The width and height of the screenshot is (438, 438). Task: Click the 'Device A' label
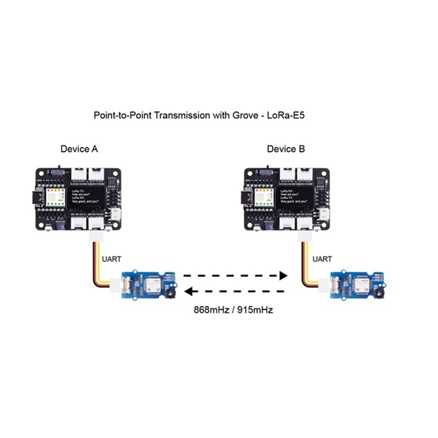tap(79, 149)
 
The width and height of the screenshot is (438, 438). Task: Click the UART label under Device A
tap(112, 259)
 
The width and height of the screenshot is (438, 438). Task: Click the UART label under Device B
tap(322, 259)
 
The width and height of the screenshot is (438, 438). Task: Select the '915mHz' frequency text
tap(254, 309)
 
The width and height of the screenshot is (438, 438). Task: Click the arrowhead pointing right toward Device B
tap(283, 275)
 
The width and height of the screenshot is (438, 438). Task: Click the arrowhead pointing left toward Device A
tap(187, 291)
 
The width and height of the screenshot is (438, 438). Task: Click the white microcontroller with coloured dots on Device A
tap(56, 197)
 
